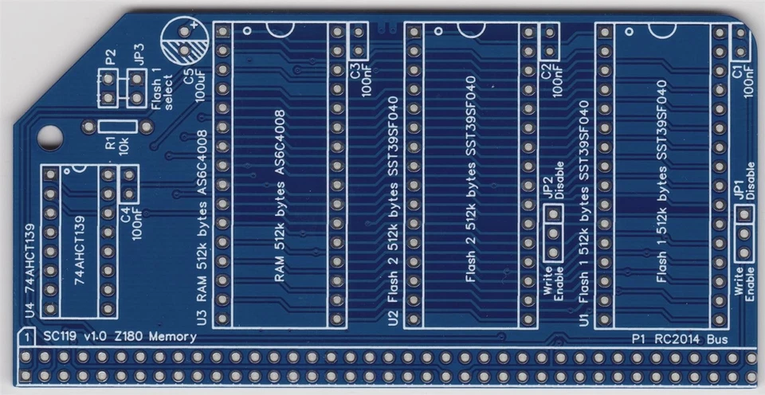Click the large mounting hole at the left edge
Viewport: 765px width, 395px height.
click(50, 135)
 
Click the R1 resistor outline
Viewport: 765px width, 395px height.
click(121, 125)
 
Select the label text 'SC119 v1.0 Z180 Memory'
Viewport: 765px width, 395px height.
click(120, 337)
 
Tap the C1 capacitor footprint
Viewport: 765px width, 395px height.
click(740, 42)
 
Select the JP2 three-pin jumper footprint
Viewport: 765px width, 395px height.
click(551, 232)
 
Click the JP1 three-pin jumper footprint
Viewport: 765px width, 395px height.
click(743, 233)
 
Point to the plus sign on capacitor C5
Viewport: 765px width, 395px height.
click(193, 30)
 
